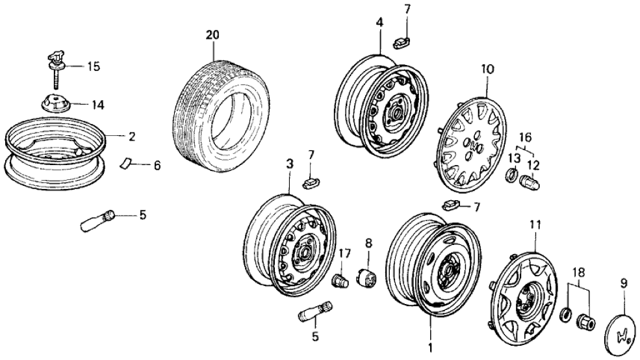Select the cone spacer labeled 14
[x=55, y=103]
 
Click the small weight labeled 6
[x=127, y=162]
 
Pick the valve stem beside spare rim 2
[x=97, y=220]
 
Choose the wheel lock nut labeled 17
[x=339, y=281]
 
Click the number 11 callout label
[x=535, y=225]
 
